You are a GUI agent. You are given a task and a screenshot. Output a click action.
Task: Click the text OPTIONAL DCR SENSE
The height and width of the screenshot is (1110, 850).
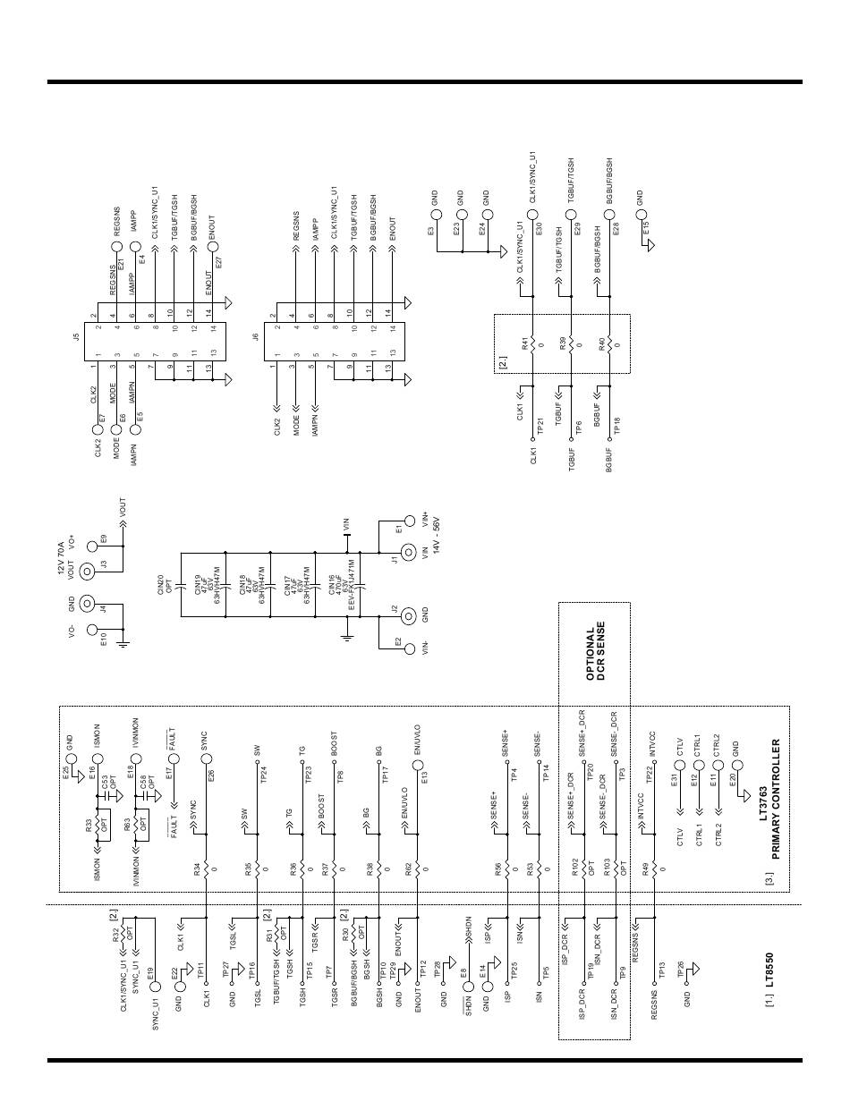point(596,652)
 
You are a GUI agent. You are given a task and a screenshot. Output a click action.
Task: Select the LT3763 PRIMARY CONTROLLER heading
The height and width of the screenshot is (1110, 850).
point(769,799)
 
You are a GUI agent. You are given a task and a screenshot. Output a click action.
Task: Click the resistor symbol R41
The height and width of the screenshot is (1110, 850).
point(532,343)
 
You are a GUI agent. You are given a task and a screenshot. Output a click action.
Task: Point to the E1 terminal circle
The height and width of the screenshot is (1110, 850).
point(411,519)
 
